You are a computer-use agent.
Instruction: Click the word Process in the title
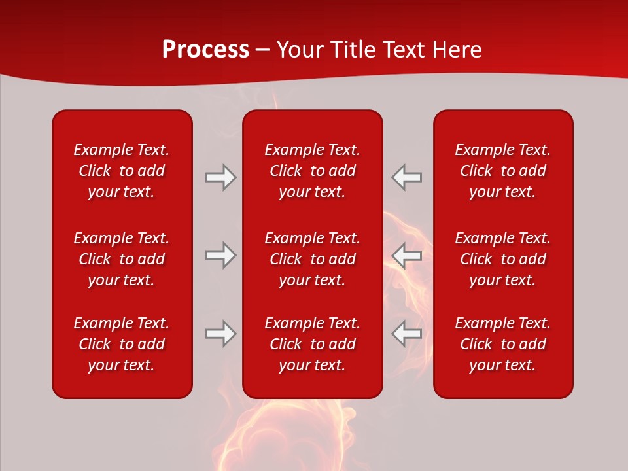click(x=205, y=50)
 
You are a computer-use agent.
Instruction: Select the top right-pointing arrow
click(x=220, y=177)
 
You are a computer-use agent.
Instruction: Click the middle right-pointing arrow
click(x=220, y=255)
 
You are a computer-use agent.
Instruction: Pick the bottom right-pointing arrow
click(x=220, y=334)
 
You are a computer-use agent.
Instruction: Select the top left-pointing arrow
click(x=406, y=177)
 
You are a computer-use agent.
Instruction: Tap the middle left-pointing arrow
click(x=406, y=255)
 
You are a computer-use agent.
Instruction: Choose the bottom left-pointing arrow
click(x=406, y=334)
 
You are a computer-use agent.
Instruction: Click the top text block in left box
click(x=122, y=171)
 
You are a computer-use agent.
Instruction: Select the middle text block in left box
click(x=122, y=259)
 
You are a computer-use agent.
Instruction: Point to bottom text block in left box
click(x=122, y=344)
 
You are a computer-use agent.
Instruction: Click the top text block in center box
click(x=313, y=171)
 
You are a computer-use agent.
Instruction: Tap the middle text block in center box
click(x=313, y=259)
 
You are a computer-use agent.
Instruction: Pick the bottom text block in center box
click(x=313, y=344)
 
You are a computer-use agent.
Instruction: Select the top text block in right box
click(x=503, y=171)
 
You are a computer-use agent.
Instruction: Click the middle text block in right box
click(x=503, y=259)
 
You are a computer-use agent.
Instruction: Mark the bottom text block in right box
click(x=503, y=344)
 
